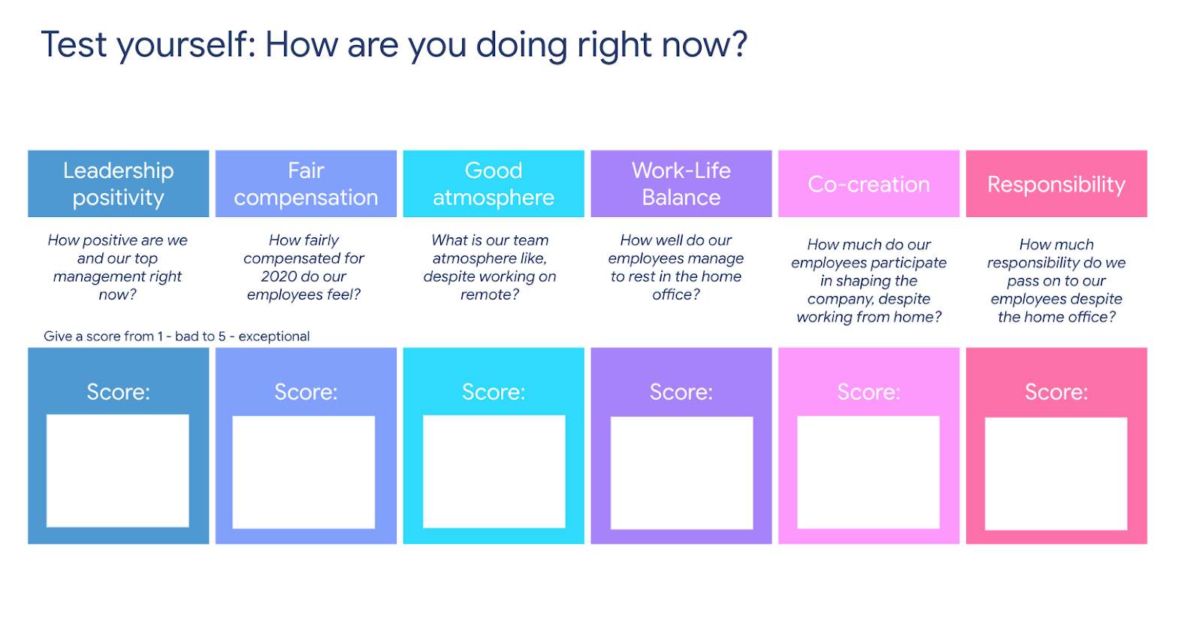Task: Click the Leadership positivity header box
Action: click(119, 183)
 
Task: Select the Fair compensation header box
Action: click(306, 183)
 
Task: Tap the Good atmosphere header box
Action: click(494, 183)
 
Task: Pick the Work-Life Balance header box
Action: click(681, 183)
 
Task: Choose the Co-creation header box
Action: click(868, 183)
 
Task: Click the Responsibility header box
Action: click(1056, 183)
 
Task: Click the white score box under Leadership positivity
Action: click(117, 470)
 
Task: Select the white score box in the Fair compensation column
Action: click(304, 472)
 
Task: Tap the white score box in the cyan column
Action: click(494, 472)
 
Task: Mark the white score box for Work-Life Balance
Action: click(682, 473)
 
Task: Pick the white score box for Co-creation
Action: click(868, 472)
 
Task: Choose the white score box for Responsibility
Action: click(1056, 474)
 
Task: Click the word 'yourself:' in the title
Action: click(186, 45)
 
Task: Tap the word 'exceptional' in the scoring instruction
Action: click(274, 337)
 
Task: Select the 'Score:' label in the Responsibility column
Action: click(1056, 392)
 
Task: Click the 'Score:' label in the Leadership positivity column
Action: click(119, 392)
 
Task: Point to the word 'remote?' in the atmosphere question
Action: click(490, 294)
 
